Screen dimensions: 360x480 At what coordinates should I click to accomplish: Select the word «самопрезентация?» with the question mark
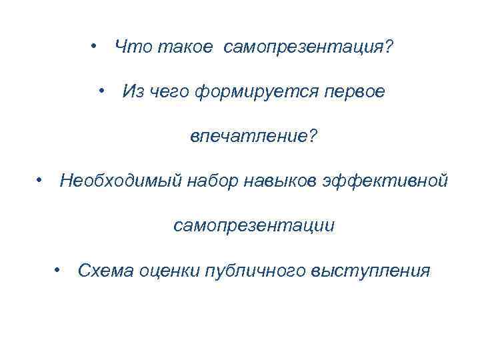click(309, 47)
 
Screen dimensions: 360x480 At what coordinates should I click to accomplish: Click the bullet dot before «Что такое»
click(95, 46)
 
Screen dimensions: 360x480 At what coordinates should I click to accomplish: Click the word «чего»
click(169, 92)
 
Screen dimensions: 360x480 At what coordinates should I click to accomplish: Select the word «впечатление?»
click(254, 136)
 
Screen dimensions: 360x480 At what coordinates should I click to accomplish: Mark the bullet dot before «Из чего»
click(103, 91)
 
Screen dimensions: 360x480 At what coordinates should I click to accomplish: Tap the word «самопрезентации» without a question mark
click(254, 226)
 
